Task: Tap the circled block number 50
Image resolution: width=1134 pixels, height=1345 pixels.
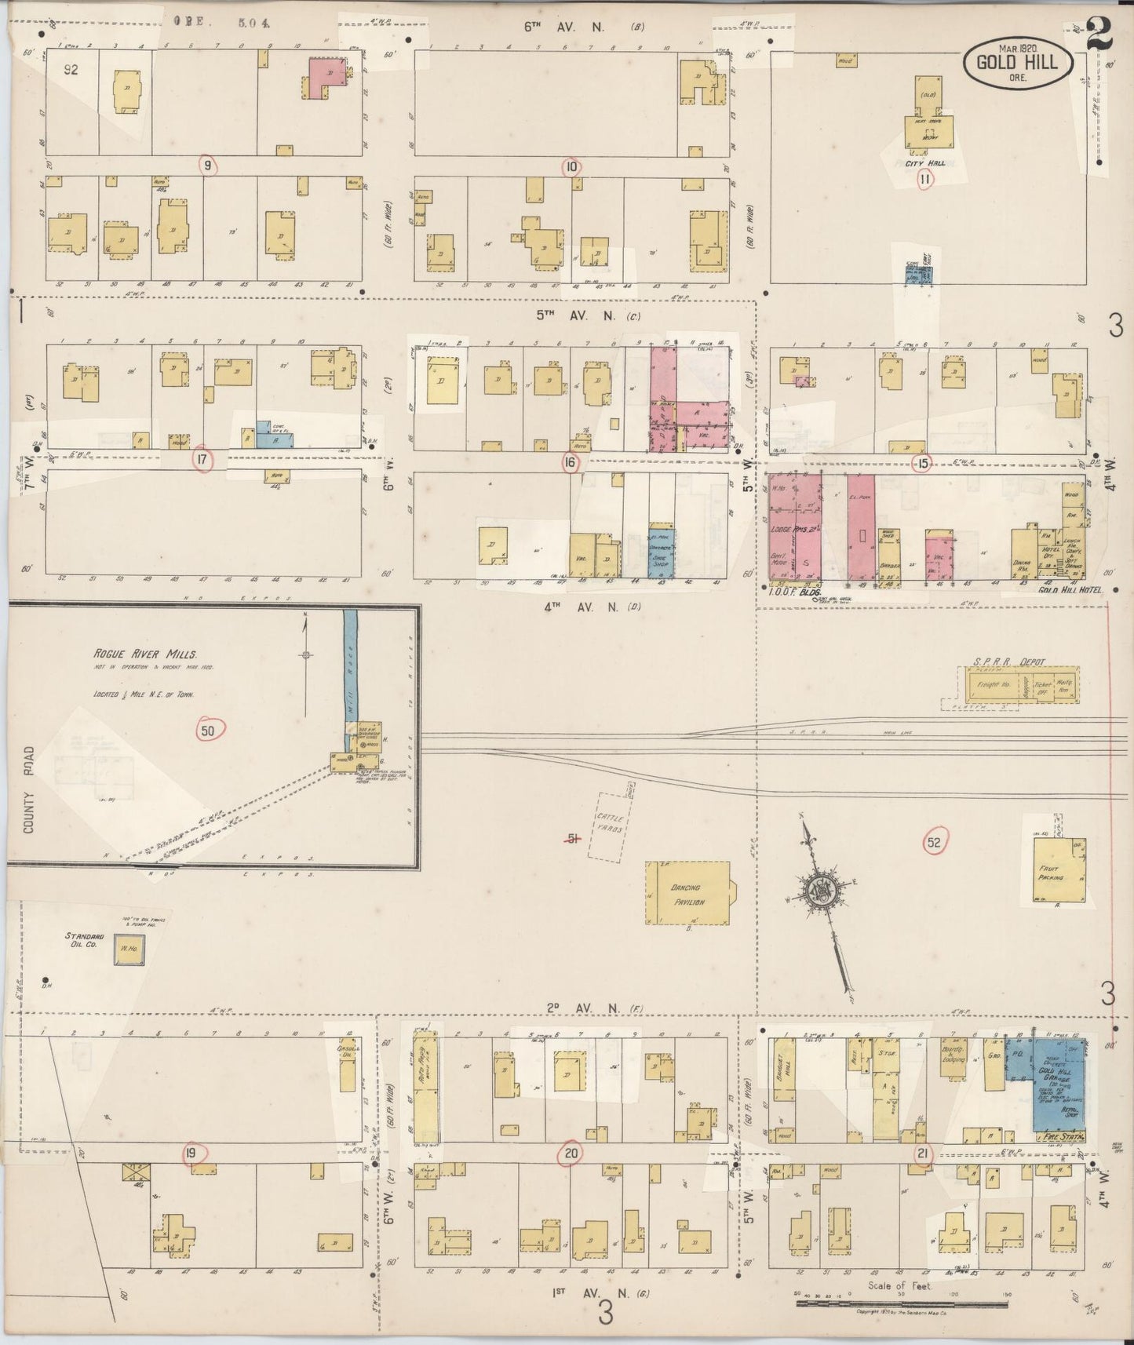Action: coord(208,731)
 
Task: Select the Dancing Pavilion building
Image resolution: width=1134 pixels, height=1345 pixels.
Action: coord(687,894)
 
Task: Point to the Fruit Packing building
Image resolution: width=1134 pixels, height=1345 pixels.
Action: coord(1056,871)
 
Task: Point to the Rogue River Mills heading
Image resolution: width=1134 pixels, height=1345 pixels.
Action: coord(145,654)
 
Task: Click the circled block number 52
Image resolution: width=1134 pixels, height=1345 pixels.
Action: coord(933,843)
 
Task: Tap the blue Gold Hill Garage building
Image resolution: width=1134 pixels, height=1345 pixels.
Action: coord(1059,1087)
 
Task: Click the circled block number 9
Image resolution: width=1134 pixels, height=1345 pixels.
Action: coord(207,166)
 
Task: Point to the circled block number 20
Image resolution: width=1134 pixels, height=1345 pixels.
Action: coord(571,1154)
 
